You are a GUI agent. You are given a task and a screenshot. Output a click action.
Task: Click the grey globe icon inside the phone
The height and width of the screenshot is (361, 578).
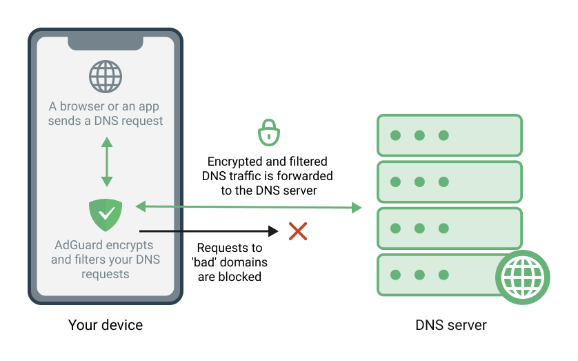tap(106, 77)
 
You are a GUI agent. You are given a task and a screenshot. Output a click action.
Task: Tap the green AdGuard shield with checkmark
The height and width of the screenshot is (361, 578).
tap(106, 215)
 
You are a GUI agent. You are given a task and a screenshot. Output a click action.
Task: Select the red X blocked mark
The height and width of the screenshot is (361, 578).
tap(297, 231)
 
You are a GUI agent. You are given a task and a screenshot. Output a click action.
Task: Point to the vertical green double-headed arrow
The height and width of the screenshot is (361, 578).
tap(106, 162)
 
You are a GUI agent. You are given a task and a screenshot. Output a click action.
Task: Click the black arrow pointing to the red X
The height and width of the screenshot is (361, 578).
tap(207, 232)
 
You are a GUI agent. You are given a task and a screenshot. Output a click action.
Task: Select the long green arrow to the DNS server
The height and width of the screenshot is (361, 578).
tap(248, 206)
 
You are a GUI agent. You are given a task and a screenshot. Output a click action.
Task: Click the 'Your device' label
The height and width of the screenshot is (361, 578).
tap(106, 324)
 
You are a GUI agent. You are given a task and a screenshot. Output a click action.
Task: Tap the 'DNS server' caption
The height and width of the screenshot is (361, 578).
tap(451, 324)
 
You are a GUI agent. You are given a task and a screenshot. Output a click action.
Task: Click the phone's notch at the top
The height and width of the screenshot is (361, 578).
tap(106, 42)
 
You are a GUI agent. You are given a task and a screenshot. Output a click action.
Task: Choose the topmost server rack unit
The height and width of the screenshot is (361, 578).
tap(449, 135)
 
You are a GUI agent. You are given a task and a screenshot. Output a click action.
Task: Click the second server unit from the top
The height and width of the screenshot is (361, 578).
tap(449, 182)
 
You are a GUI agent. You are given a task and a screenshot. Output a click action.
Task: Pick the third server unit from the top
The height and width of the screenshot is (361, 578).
tap(449, 228)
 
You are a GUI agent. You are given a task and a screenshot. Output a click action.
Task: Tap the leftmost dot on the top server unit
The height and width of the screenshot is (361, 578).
tap(395, 135)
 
